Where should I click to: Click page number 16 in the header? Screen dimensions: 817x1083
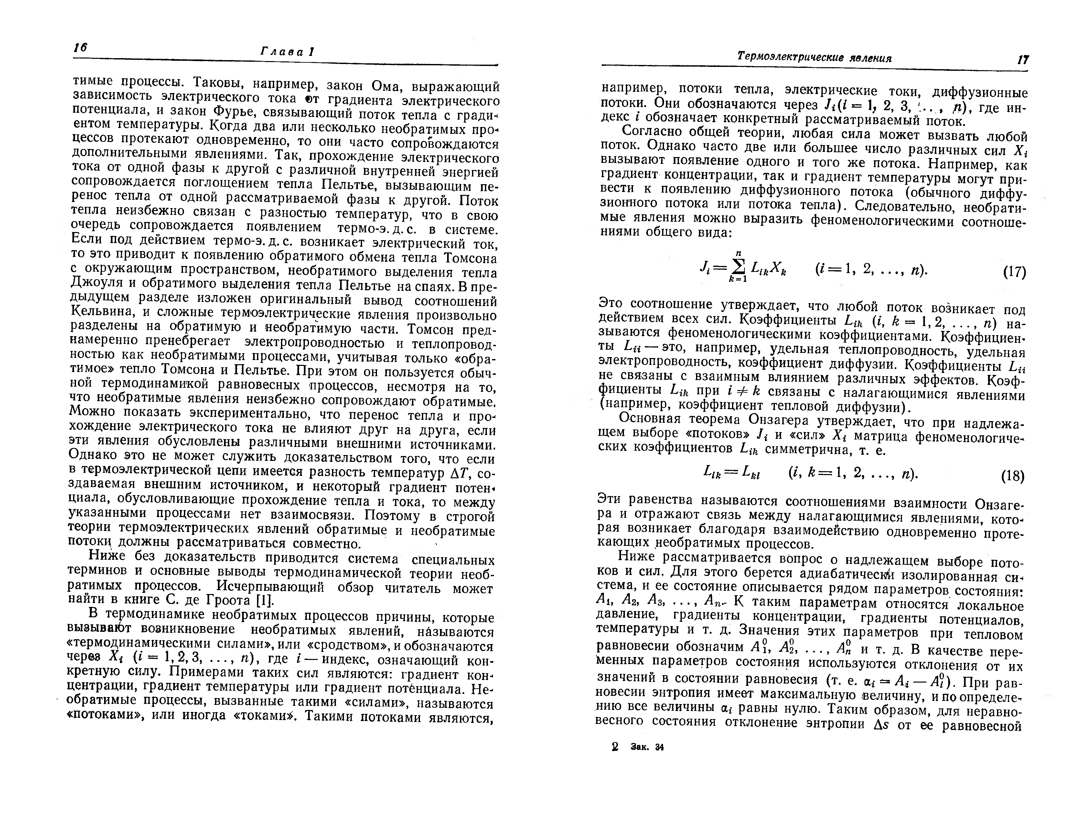[80, 48]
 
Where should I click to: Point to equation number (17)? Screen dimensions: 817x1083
[1014, 272]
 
